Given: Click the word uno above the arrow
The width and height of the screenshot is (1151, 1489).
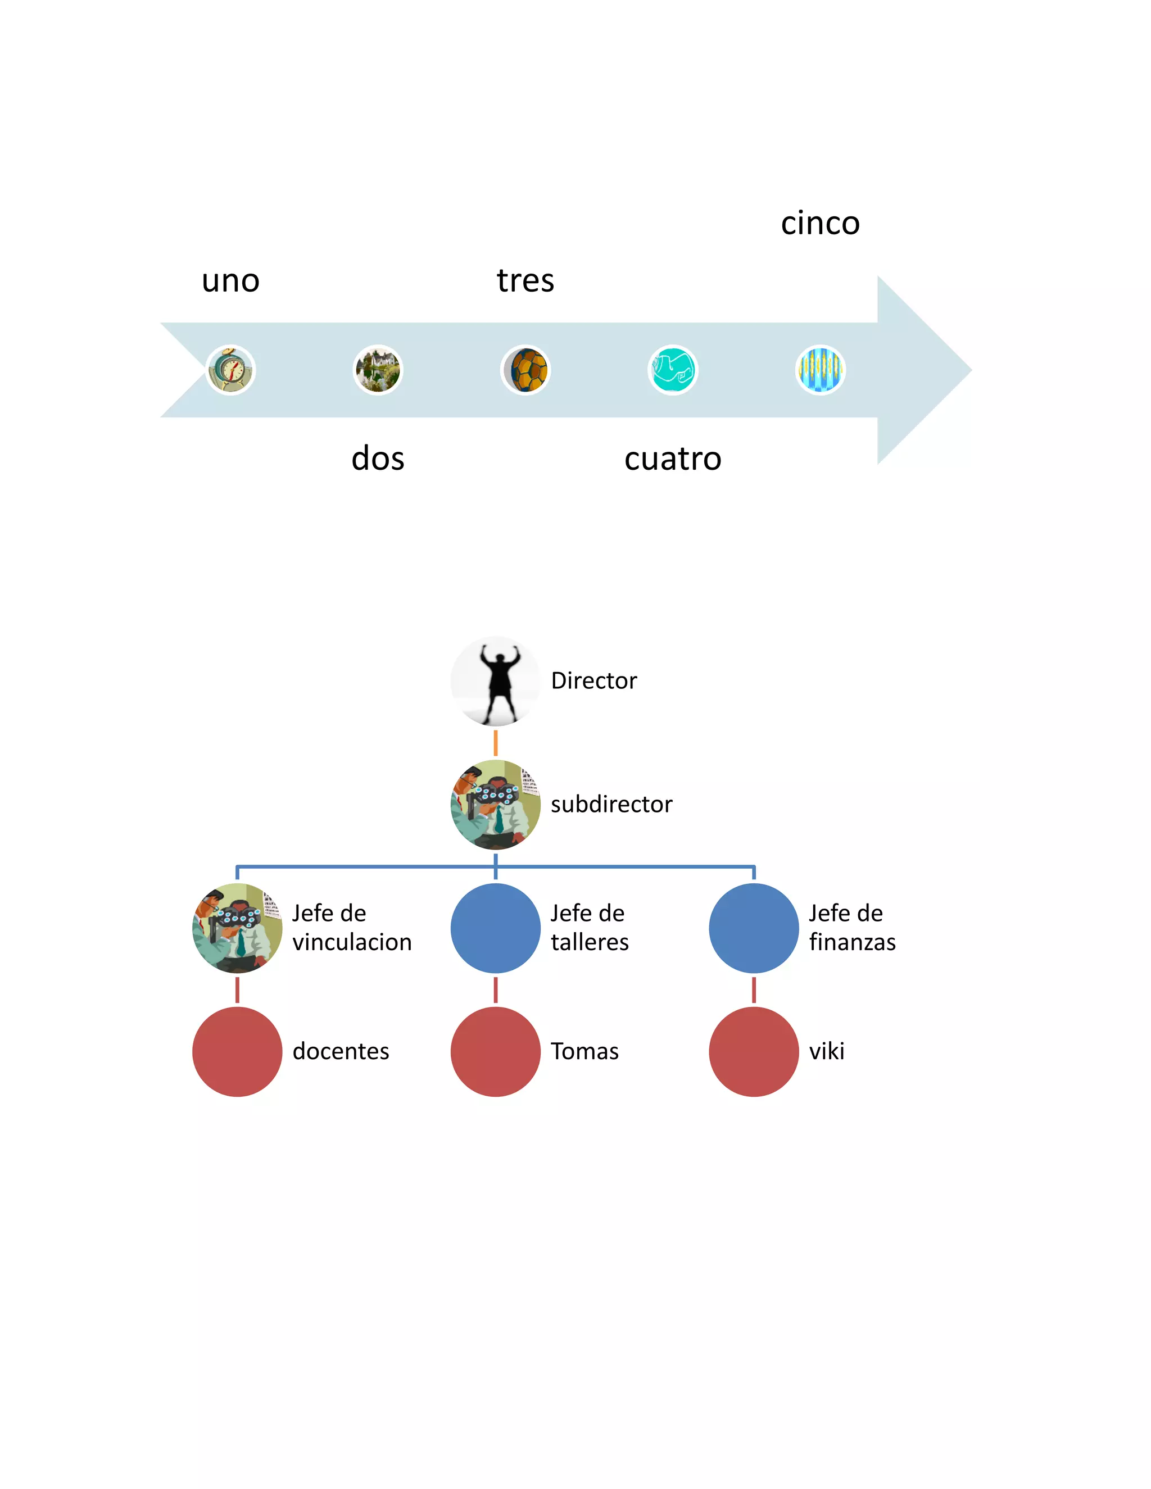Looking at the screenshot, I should pyautogui.click(x=230, y=281).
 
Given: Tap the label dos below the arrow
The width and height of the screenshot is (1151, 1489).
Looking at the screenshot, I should pyautogui.click(x=378, y=458).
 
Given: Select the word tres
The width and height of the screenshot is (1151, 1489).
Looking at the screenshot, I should pyautogui.click(x=525, y=281).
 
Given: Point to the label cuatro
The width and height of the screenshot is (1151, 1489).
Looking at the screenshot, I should pyautogui.click(x=672, y=458).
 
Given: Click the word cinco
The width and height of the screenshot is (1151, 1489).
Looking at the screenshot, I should pyautogui.click(x=821, y=223).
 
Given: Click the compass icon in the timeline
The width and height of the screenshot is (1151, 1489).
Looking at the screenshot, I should pyautogui.click(x=230, y=370).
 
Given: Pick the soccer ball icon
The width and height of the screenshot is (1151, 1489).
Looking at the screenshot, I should pyautogui.click(x=525, y=370).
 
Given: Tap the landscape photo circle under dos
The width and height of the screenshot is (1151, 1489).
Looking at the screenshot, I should pyautogui.click(x=378, y=370).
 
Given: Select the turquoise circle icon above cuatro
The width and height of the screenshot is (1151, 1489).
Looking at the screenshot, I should pyautogui.click(x=672, y=370).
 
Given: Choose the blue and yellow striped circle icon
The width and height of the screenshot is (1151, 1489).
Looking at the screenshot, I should pyautogui.click(x=821, y=370).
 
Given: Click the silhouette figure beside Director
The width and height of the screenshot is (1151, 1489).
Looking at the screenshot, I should pyautogui.click(x=496, y=680).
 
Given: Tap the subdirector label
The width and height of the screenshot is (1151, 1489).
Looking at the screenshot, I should pyautogui.click(x=611, y=805).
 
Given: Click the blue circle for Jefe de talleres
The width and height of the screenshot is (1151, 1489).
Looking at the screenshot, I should pyautogui.click(x=496, y=928).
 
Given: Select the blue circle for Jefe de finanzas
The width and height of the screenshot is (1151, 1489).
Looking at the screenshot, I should pyautogui.click(x=754, y=928).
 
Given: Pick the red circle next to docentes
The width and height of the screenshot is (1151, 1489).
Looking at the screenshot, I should pyautogui.click(x=237, y=1051).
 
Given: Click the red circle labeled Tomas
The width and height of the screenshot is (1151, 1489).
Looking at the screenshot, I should pyautogui.click(x=496, y=1051).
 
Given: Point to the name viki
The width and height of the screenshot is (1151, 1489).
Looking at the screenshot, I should pyautogui.click(x=826, y=1051).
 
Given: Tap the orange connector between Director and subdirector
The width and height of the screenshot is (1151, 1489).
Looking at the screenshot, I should pyautogui.click(x=496, y=742).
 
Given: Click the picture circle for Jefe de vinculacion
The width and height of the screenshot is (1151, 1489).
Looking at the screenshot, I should pyautogui.click(x=237, y=928).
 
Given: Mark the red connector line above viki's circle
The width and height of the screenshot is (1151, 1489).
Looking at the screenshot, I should pyautogui.click(x=754, y=990).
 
